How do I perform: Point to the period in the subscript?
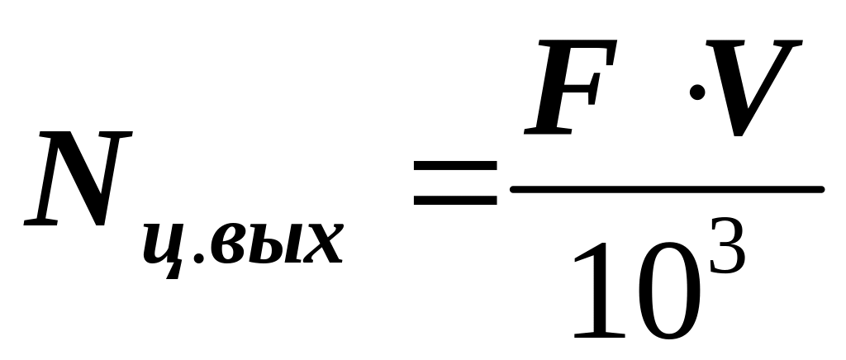tap(198, 258)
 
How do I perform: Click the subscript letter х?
tap(323, 243)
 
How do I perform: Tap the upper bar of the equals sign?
tap(455, 167)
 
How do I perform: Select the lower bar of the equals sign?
tap(455, 201)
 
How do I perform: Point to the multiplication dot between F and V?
tap(697, 92)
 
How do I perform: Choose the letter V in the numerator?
tap(754, 88)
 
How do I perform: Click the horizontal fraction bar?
tap(668, 189)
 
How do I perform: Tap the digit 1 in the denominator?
tap(600, 290)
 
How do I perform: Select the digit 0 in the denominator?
tap(669, 291)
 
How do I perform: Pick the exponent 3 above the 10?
tap(727, 246)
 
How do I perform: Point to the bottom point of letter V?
tap(738, 135)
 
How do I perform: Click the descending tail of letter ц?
tap(173, 271)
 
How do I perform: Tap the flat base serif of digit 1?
tap(600, 335)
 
